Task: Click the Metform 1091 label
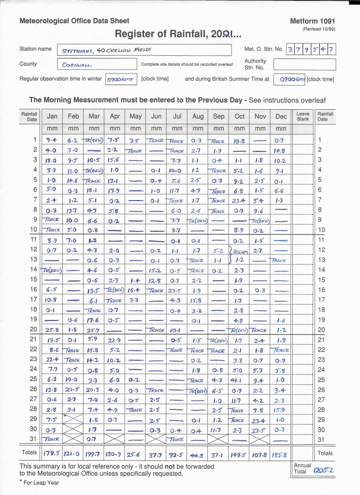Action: pos(312,21)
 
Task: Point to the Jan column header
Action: pos(52,116)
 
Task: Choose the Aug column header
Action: pos(198,116)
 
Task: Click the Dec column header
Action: pos(281,116)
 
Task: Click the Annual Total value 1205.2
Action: pos(324,469)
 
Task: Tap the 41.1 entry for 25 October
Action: pos(239,379)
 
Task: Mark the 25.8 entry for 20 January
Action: pos(52,330)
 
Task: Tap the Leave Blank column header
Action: pos(303,116)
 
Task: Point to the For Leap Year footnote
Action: pos(40,483)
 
